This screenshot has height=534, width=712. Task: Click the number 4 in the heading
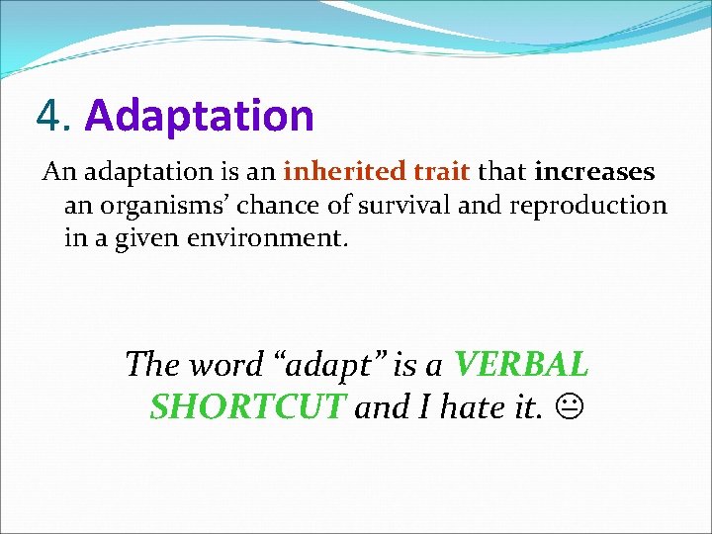pos(48,116)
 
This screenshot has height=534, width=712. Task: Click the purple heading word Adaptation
pos(199,116)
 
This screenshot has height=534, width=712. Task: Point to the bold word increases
pos(594,172)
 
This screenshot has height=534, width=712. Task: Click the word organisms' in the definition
pos(169,207)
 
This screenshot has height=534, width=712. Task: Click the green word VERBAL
pos(521,365)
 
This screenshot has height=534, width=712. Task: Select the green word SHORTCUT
pos(247,406)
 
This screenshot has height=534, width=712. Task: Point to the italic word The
pos(152,365)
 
